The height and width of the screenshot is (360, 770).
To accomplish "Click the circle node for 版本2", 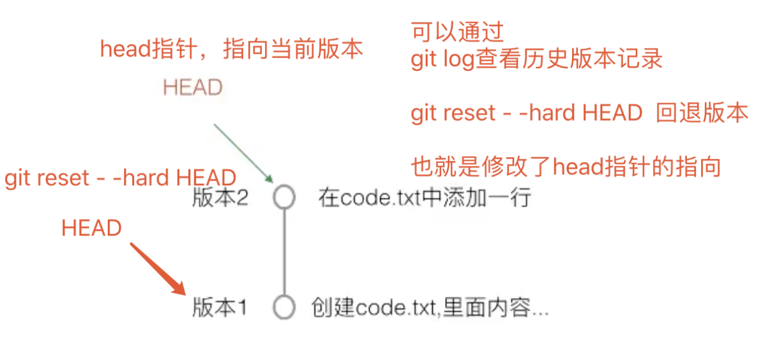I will (284, 197).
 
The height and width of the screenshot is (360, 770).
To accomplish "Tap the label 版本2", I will (220, 198).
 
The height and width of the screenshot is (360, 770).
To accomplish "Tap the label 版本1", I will (220, 308).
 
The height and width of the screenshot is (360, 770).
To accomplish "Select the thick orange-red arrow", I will (157, 268).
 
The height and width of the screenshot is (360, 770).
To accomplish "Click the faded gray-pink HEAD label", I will (193, 87).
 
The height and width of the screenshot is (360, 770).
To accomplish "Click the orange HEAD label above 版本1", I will (91, 228).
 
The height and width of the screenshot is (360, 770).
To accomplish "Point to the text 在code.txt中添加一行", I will (425, 198).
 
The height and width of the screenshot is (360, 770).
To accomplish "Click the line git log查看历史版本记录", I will (536, 59).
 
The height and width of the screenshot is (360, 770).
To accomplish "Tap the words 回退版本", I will (702, 113).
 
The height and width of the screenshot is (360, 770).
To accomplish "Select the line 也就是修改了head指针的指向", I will (566, 167).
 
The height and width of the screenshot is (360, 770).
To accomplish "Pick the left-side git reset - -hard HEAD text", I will (120, 177).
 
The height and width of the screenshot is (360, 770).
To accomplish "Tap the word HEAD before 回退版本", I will (612, 113).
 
